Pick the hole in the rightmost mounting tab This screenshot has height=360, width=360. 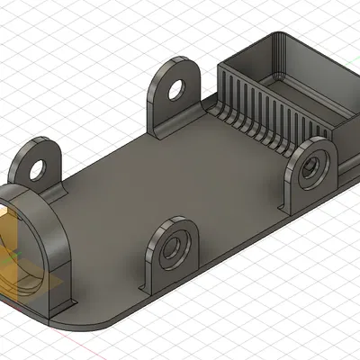[312, 166]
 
